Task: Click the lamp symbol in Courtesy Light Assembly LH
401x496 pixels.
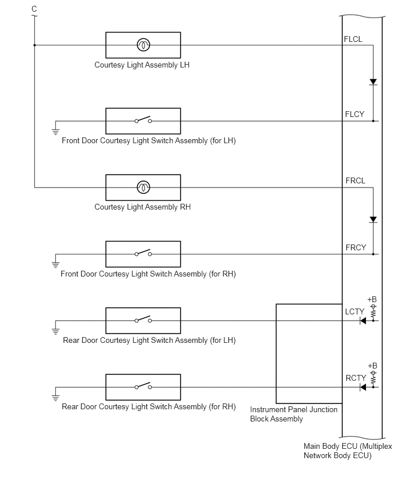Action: click(143, 45)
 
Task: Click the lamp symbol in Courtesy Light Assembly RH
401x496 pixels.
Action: click(143, 187)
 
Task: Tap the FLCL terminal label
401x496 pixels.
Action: click(353, 39)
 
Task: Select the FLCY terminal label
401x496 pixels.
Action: click(354, 114)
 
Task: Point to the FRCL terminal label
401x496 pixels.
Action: click(355, 180)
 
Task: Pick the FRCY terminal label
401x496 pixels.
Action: click(356, 247)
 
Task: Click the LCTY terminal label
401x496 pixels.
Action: click(354, 311)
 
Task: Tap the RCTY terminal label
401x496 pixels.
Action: click(356, 378)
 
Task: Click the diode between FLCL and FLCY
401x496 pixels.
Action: click(373, 82)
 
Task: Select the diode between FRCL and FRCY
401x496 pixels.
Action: click(373, 219)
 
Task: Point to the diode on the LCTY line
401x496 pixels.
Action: click(363, 321)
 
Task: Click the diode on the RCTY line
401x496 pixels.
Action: click(363, 387)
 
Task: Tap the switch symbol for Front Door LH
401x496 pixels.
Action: click(143, 119)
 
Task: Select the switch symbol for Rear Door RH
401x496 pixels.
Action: click(143, 386)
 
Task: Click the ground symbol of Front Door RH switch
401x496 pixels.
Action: click(55, 264)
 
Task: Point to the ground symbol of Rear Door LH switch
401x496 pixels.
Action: click(55, 331)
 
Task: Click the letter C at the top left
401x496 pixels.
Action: click(34, 9)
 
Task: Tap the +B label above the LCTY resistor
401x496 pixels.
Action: click(372, 299)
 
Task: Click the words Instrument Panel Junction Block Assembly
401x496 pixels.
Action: click(294, 414)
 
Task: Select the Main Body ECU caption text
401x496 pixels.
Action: click(348, 451)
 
